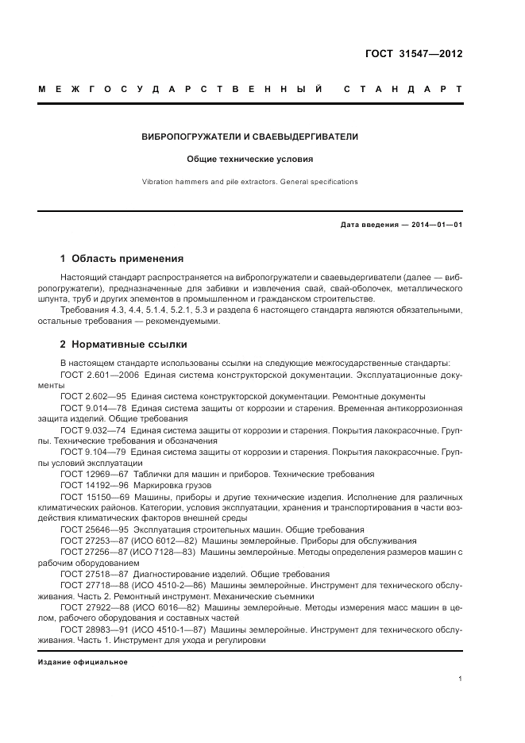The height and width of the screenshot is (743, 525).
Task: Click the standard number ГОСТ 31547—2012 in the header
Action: tap(413, 55)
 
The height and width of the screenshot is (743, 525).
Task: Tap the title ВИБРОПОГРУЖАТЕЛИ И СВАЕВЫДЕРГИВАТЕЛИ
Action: tap(249, 137)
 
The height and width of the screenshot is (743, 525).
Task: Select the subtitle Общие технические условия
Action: tap(249, 159)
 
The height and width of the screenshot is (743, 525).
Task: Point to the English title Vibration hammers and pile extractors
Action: tap(249, 182)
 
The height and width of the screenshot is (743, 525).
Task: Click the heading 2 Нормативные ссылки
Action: tap(124, 345)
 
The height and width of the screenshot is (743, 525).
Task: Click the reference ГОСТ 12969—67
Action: tap(90, 474)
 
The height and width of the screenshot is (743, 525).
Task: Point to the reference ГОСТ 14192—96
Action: tap(90, 485)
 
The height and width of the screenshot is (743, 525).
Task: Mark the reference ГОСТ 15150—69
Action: tap(90, 496)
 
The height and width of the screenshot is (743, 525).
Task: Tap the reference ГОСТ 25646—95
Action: tap(90, 529)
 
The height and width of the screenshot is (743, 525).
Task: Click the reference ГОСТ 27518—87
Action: tap(90, 574)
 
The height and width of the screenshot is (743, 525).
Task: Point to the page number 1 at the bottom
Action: tap(461, 679)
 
